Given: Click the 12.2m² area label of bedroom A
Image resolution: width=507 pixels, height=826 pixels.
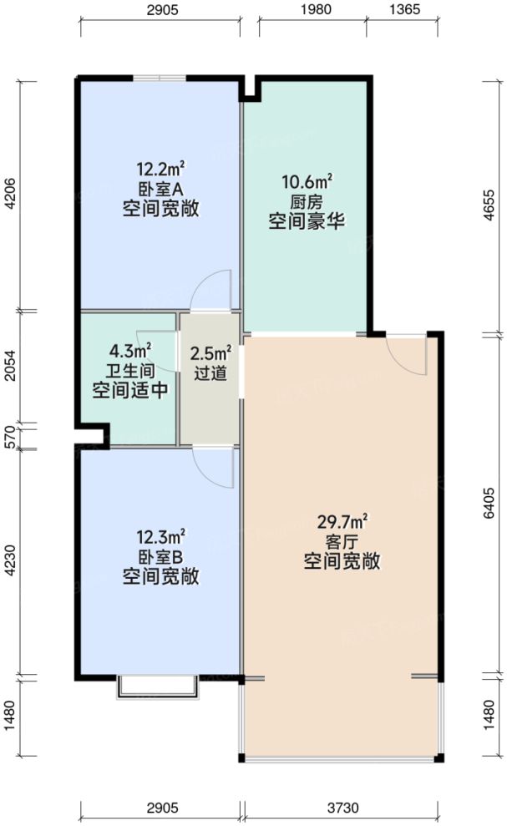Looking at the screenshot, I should pyautogui.click(x=160, y=166).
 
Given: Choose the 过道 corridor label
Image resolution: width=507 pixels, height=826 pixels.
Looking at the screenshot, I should pyautogui.click(x=209, y=374).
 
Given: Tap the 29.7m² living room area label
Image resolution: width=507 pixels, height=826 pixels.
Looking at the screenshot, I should pyautogui.click(x=342, y=522).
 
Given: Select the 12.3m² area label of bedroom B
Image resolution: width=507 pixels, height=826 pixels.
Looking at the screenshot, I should pyautogui.click(x=160, y=535).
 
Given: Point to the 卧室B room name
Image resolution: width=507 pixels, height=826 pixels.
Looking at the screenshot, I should pyautogui.click(x=160, y=556).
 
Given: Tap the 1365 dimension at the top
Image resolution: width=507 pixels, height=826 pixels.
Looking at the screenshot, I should pyautogui.click(x=403, y=10).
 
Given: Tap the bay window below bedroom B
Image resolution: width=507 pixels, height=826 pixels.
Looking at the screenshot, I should pyautogui.click(x=158, y=687).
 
